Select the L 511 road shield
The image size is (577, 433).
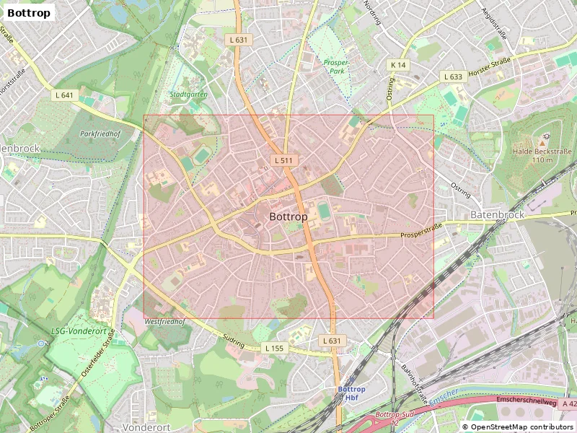pos(283,160)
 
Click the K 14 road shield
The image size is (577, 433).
pos(399,65)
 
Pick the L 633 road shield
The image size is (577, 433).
pos(454,76)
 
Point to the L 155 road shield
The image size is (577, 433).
pos(275,349)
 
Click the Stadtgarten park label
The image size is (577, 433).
pos(188,95)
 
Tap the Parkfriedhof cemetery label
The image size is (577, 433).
pos(100,134)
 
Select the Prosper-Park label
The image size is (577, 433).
pos(336,67)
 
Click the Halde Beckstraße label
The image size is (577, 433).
pos(542,155)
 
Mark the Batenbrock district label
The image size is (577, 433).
pos(497,215)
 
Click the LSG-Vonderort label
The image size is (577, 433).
pos(79,331)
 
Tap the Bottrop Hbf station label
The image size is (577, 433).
pos(352,393)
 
